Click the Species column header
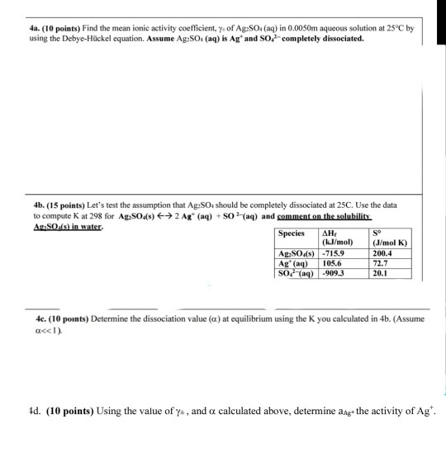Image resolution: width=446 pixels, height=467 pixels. point(292,233)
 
